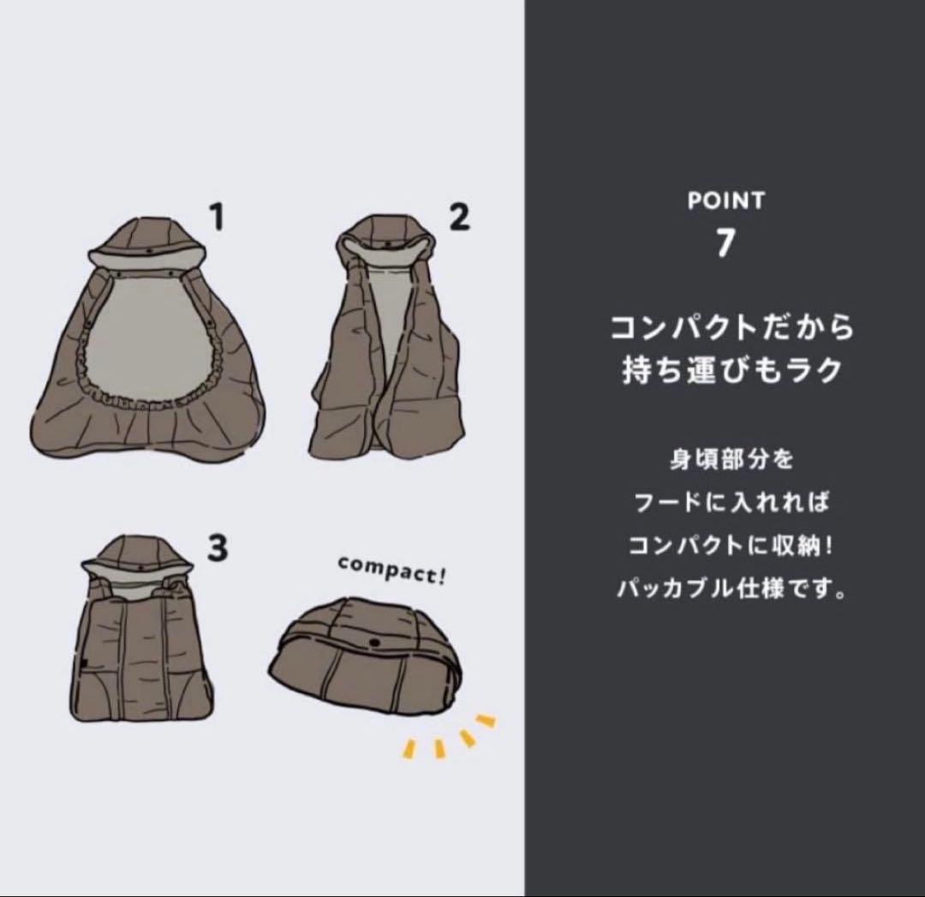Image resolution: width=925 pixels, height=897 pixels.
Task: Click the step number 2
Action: (x=460, y=218)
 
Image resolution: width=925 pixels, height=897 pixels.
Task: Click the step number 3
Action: (x=218, y=548)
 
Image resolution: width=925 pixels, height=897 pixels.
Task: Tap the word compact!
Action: (x=392, y=569)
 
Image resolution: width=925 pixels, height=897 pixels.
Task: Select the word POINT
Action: (x=725, y=201)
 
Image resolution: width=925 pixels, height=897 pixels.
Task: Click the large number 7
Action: (x=725, y=243)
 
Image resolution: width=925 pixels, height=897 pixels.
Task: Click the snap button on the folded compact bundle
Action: (x=374, y=642)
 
